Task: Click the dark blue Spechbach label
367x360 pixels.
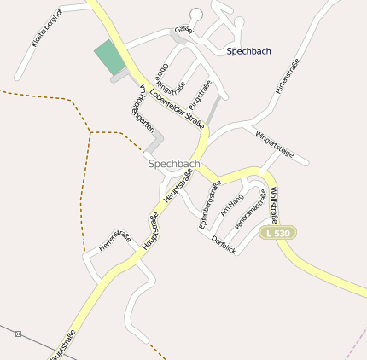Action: coord(249,51)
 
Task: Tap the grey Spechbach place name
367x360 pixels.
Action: coord(174,163)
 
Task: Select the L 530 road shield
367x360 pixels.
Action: coord(277,232)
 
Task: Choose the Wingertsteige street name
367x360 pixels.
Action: coord(274,142)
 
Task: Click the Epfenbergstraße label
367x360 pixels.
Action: coord(210,205)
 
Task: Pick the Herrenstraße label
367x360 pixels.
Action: coord(114,240)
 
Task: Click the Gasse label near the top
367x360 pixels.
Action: coord(183,30)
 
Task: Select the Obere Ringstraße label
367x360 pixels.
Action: coord(170,78)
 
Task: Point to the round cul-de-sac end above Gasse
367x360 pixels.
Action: coord(196,14)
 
